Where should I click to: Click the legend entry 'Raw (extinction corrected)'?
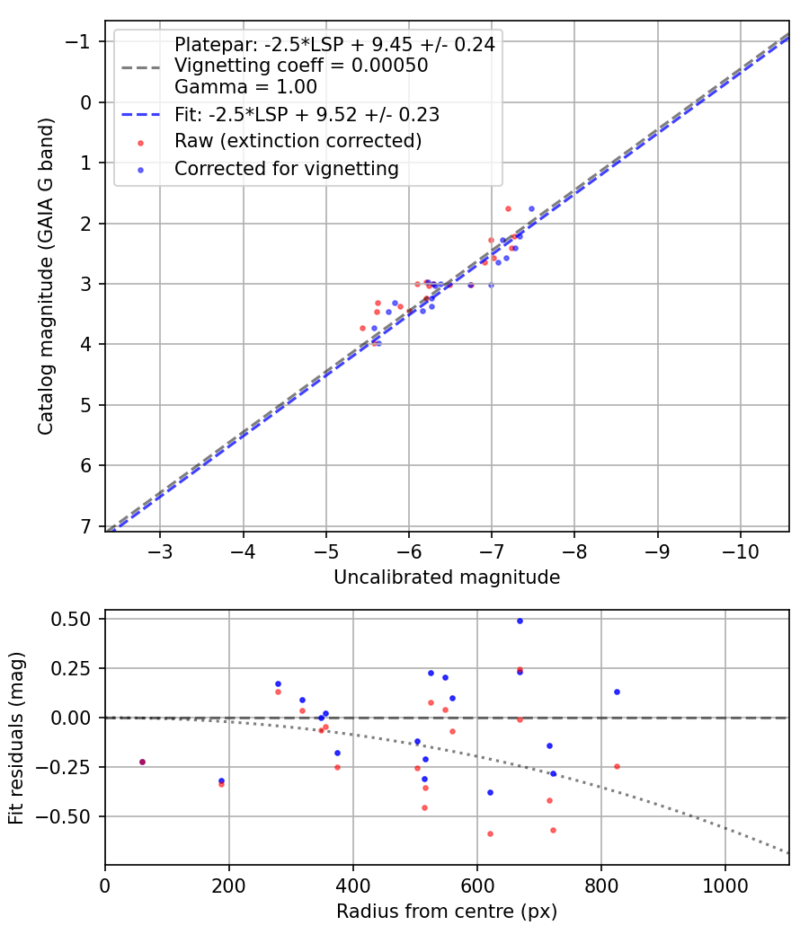298,141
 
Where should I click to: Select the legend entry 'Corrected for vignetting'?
286,168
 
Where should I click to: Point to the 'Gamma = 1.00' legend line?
245,88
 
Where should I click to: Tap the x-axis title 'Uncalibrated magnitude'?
447,577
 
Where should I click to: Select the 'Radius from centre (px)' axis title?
447,912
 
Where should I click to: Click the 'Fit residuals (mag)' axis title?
16,738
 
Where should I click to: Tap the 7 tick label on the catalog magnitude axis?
86,526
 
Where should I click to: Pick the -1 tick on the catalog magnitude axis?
80,42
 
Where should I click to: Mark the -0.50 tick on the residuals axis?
69,816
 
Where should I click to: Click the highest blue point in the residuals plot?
520,621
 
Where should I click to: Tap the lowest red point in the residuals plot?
490,833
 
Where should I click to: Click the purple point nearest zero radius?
142,762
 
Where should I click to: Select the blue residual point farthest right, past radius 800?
617,692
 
